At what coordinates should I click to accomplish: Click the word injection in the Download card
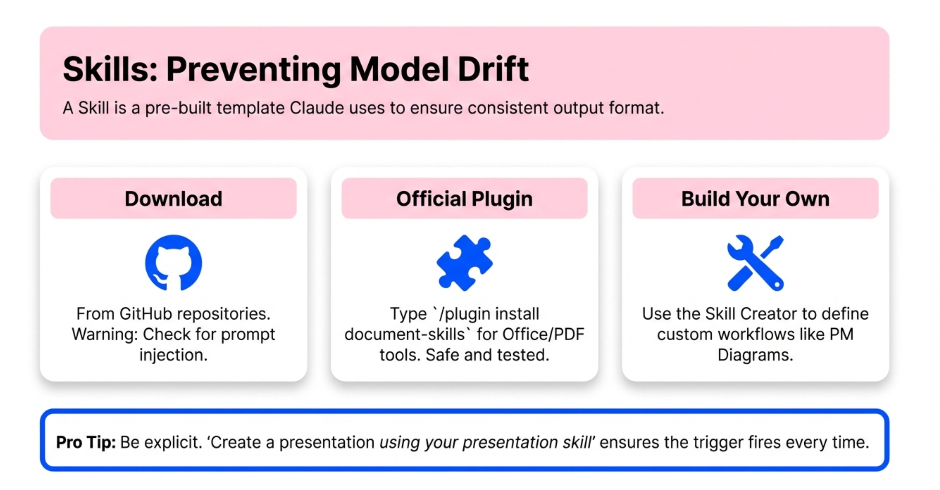[x=172, y=355]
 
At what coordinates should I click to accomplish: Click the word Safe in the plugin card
[x=442, y=355]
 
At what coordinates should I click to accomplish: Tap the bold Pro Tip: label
[x=86, y=442]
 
